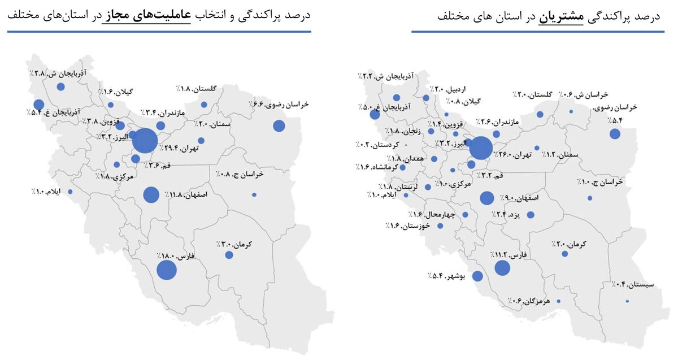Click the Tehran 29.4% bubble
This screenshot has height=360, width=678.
(145, 141)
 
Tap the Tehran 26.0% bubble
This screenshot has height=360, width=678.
(481, 148)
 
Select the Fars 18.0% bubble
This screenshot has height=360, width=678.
(166, 270)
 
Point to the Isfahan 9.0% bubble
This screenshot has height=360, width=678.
(486, 198)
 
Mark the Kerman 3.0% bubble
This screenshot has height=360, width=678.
(229, 255)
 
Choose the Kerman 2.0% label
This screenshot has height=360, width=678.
(570, 244)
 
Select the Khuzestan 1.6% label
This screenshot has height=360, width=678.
(408, 225)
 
